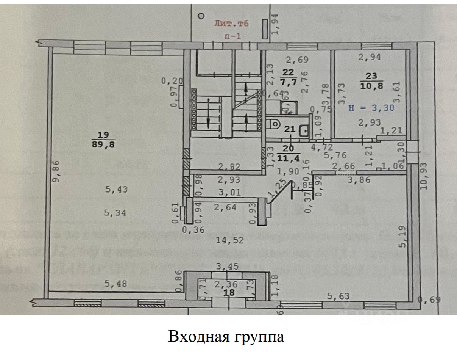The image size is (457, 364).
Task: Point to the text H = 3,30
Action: [x=372, y=108]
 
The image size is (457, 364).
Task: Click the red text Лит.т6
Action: [x=231, y=24]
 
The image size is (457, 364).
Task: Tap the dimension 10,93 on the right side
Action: [x=424, y=176]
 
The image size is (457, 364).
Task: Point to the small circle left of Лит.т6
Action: [x=201, y=16]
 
